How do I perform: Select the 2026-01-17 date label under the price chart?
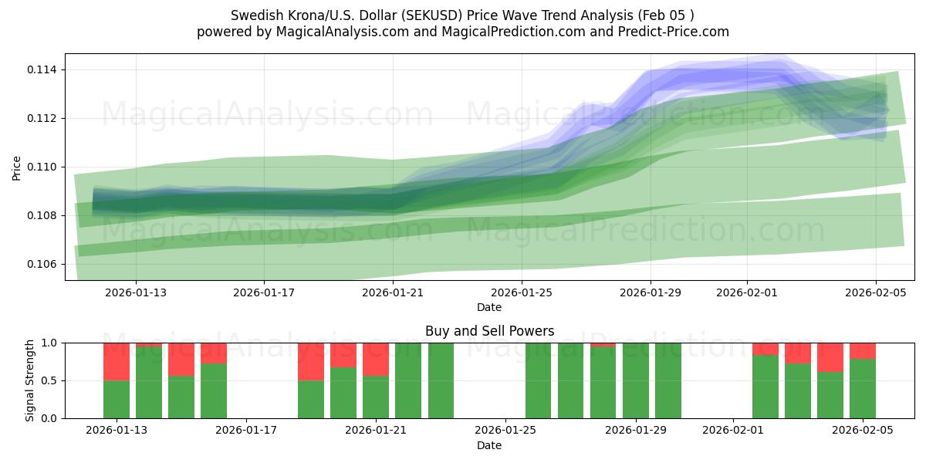click(x=264, y=293)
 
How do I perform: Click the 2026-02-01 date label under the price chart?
click(x=747, y=293)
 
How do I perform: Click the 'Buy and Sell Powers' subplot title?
click(x=489, y=331)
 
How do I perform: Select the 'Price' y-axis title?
click(x=17, y=167)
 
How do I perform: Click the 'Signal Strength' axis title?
click(x=30, y=380)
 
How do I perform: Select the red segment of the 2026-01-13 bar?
click(x=117, y=361)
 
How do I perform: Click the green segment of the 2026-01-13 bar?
click(x=117, y=400)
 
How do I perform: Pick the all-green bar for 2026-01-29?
click(x=636, y=380)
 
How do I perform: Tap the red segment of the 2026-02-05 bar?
click(x=863, y=350)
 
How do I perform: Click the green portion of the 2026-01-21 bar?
click(x=376, y=397)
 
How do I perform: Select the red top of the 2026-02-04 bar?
click(x=830, y=357)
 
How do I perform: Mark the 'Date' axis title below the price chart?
click(x=489, y=307)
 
